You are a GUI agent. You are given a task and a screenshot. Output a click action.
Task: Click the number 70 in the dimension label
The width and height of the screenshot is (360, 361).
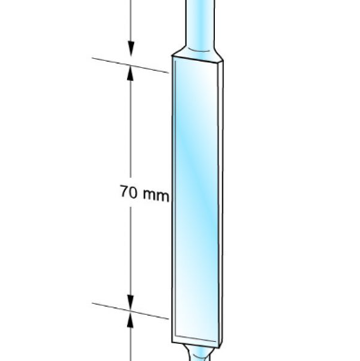[129, 191]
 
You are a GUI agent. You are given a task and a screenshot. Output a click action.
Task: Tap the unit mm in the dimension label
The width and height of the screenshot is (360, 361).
[156, 196]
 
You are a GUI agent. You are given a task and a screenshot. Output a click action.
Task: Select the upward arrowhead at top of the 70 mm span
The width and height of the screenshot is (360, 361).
[131, 73]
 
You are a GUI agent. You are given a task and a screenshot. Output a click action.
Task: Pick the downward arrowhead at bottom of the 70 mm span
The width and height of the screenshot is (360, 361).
[131, 303]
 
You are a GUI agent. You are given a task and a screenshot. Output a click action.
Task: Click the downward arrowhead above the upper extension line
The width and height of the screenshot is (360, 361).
[131, 49]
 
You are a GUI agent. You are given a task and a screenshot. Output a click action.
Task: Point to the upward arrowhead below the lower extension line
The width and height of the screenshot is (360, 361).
[131, 320]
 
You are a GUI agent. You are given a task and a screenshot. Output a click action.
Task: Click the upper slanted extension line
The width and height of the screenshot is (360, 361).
[131, 65]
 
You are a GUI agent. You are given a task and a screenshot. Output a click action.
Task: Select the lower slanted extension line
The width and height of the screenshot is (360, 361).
[131, 311]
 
